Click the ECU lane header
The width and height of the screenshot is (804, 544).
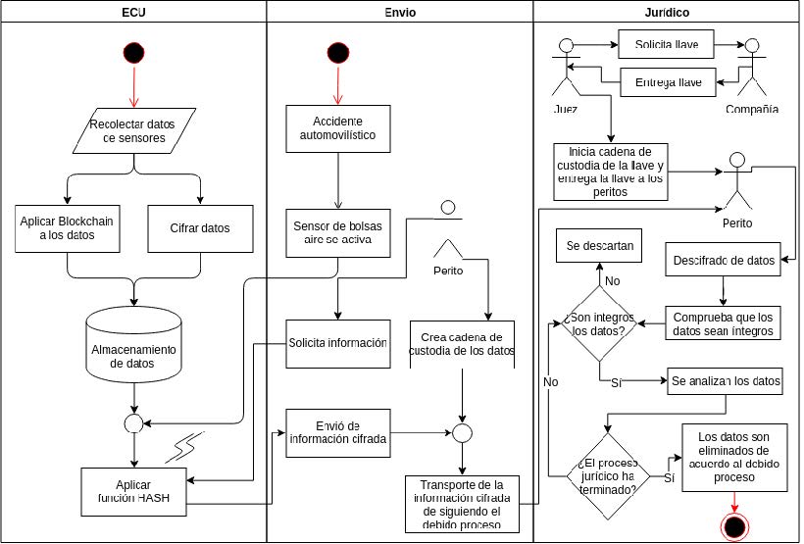pos(133,12)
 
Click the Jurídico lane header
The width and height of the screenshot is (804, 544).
pos(666,12)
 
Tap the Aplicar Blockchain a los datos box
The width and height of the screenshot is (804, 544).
pos(67,228)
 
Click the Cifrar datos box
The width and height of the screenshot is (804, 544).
pos(200,228)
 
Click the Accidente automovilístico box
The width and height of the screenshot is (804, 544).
pos(337,127)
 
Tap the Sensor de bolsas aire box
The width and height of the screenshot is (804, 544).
pos(337,232)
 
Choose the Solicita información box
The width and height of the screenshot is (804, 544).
pos(337,343)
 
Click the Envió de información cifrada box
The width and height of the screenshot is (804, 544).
pos(337,432)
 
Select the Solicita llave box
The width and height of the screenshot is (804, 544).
pos(666,45)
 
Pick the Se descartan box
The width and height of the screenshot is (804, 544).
pos(599,245)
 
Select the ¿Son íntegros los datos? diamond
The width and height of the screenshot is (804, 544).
pos(600,323)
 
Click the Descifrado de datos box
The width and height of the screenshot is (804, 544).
pos(724,261)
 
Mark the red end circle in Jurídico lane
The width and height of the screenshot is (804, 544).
pos(733,527)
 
